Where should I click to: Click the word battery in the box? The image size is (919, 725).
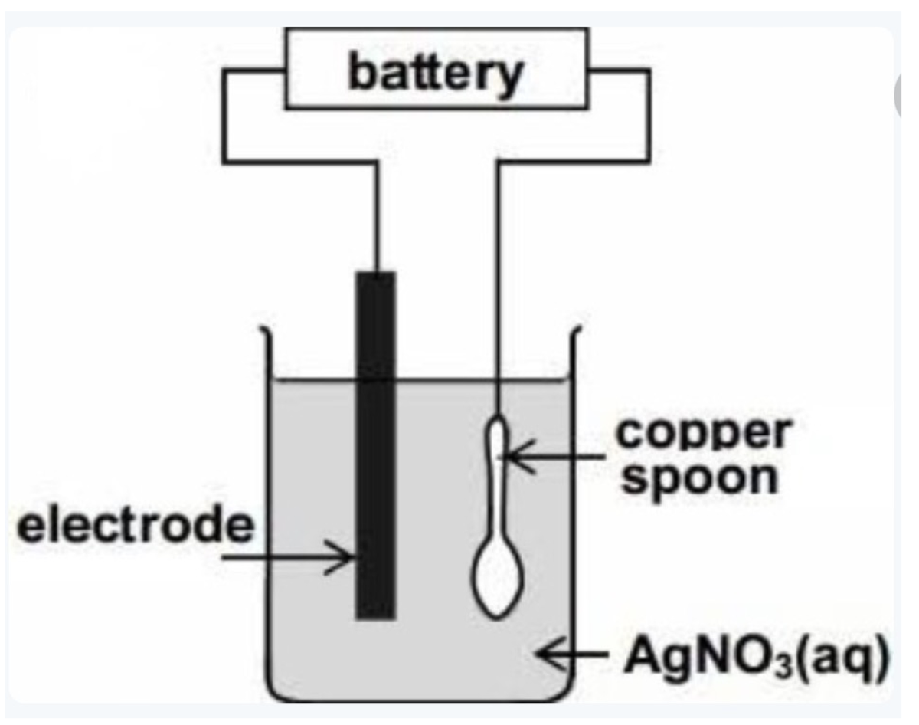pos(434,74)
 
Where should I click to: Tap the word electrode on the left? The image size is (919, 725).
pos(135,527)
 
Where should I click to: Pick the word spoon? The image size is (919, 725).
pos(702,479)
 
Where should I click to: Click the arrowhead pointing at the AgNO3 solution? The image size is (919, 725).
pos(545,655)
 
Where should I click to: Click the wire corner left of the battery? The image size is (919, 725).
pos(224,71)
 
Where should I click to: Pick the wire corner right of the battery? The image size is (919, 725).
pos(649,71)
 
